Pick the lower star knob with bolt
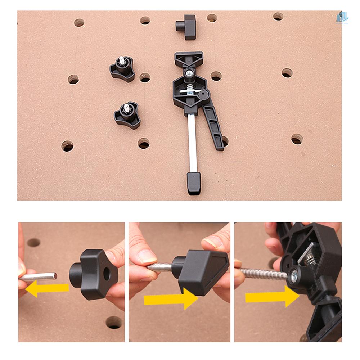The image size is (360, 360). click(127, 115)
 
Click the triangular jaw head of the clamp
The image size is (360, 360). click(189, 59)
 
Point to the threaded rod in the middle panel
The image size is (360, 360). click(160, 267)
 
